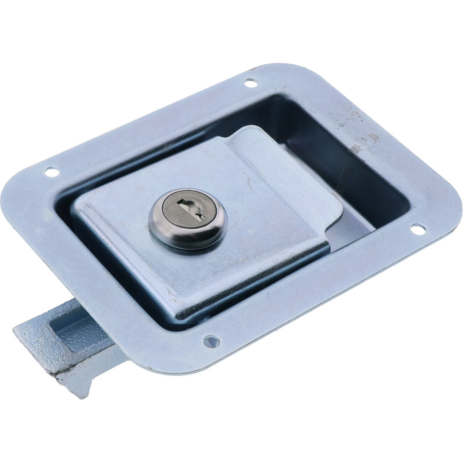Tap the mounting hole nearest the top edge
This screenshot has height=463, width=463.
click(250, 83)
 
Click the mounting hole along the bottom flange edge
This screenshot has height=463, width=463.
click(211, 341)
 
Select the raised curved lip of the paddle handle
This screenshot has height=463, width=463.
click(295, 177)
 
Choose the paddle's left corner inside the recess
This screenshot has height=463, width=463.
click(78, 206)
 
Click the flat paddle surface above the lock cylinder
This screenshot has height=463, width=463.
click(210, 164)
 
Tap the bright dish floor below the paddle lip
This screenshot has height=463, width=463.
click(354, 236)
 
